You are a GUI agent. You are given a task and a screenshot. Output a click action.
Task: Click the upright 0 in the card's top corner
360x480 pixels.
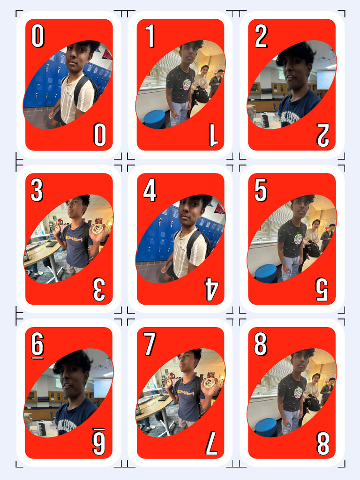pyautogui.click(x=38, y=37)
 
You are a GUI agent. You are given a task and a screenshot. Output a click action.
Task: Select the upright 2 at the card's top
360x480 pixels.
pyautogui.click(x=261, y=37)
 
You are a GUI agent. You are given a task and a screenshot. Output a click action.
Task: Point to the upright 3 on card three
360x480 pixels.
pyautogui.click(x=37, y=191)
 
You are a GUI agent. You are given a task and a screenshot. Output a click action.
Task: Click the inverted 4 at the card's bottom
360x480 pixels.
pyautogui.click(x=211, y=289)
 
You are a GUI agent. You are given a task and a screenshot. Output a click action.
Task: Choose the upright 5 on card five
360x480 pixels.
pyautogui.click(x=261, y=191)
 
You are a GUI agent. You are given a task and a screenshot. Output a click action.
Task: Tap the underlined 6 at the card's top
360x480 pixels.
pyautogui.click(x=37, y=345)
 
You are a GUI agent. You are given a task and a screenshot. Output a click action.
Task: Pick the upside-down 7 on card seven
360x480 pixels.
pyautogui.click(x=211, y=443)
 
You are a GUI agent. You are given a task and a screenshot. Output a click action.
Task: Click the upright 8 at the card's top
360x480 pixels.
pyautogui.click(x=261, y=345)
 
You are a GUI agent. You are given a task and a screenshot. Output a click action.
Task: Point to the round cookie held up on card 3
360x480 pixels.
pyautogui.click(x=97, y=228)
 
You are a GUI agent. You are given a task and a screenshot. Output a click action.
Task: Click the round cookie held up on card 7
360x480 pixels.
pyautogui.click(x=210, y=382)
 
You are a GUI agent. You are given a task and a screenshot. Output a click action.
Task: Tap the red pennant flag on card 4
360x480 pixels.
pyautogui.click(x=219, y=208)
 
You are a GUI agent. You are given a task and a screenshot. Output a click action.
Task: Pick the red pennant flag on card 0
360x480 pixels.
pyautogui.click(x=107, y=54)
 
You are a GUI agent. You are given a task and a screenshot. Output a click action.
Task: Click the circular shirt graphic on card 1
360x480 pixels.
pyautogui.click(x=186, y=84)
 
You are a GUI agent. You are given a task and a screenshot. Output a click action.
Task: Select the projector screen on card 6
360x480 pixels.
pyautogui.click(x=102, y=388)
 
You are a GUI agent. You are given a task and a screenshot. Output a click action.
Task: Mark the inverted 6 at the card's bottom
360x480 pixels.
pyautogui.click(x=98, y=442)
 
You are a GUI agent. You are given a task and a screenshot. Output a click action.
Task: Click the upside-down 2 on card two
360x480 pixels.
pyautogui.click(x=323, y=135)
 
